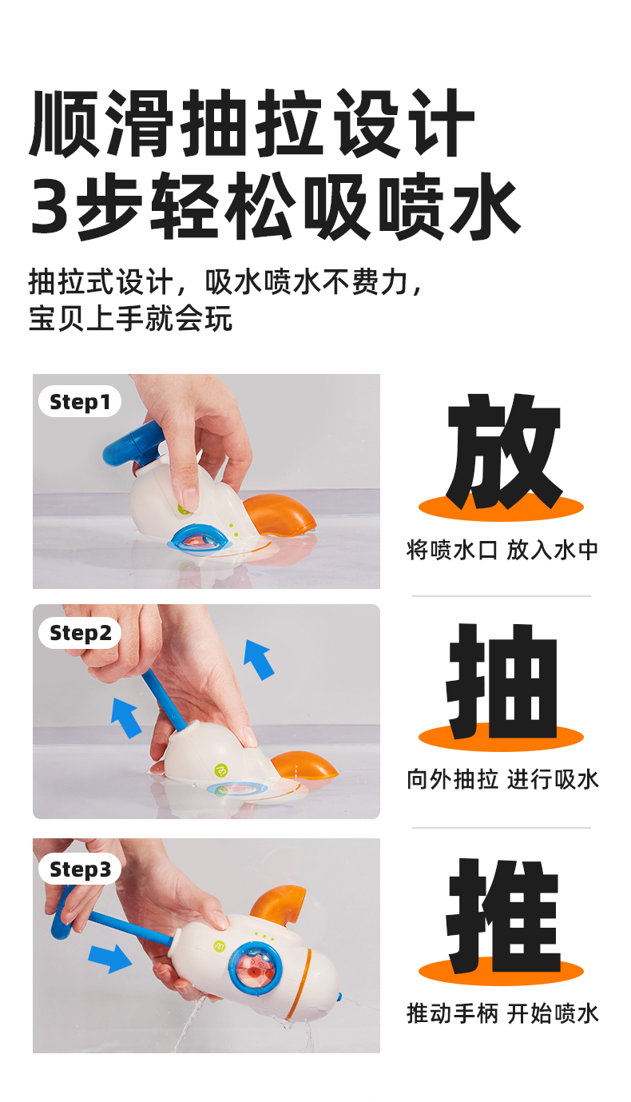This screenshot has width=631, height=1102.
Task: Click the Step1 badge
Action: coord(80,401)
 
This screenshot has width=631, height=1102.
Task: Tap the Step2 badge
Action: coord(80,633)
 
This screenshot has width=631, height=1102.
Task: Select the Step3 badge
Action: coord(80,869)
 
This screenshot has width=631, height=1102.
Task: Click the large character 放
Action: coord(503,451)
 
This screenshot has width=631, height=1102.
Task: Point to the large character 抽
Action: coord(502,682)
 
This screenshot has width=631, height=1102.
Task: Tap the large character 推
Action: coord(503,916)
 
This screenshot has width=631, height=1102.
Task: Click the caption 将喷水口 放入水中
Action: coord(502,550)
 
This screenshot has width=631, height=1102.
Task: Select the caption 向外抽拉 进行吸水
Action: coord(502,780)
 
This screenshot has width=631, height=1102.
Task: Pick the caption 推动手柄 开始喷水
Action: coord(502,1014)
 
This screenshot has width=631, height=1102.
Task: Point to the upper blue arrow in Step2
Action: coord(259,659)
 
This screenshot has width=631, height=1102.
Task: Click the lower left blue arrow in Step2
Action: coord(126,718)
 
